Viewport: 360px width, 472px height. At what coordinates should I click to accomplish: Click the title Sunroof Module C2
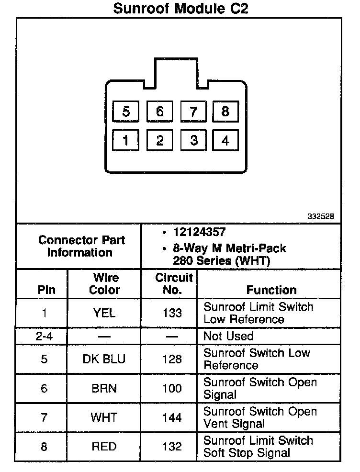click(x=180, y=9)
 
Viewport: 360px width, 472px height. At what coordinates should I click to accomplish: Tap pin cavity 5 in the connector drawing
click(x=125, y=112)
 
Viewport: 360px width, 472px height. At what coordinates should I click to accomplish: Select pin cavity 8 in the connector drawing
click(x=225, y=112)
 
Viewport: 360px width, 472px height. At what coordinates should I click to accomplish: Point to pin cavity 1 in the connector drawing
click(x=125, y=140)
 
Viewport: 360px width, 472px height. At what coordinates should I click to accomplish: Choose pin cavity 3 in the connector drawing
click(x=193, y=140)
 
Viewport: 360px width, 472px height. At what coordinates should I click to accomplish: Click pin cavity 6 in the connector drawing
click(x=159, y=112)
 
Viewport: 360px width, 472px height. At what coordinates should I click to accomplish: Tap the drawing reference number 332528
click(x=320, y=216)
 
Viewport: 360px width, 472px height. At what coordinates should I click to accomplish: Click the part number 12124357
click(x=200, y=232)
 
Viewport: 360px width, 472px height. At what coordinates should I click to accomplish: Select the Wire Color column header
click(x=105, y=283)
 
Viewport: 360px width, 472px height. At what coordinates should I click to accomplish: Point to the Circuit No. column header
click(x=174, y=283)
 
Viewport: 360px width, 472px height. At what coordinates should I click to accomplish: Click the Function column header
click(x=271, y=290)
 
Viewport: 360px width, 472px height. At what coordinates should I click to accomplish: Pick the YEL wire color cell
click(x=104, y=313)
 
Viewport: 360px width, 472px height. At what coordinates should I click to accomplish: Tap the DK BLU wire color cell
click(x=104, y=359)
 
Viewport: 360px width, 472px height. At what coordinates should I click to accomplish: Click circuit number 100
click(x=172, y=388)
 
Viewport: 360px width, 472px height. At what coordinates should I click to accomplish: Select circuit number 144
click(x=172, y=417)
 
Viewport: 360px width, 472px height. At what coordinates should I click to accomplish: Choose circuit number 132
click(x=172, y=447)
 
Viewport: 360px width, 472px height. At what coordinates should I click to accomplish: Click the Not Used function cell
click(x=228, y=336)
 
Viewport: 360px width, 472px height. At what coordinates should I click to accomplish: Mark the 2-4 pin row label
click(x=44, y=336)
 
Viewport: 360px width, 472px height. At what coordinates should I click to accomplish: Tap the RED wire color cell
click(x=104, y=447)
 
